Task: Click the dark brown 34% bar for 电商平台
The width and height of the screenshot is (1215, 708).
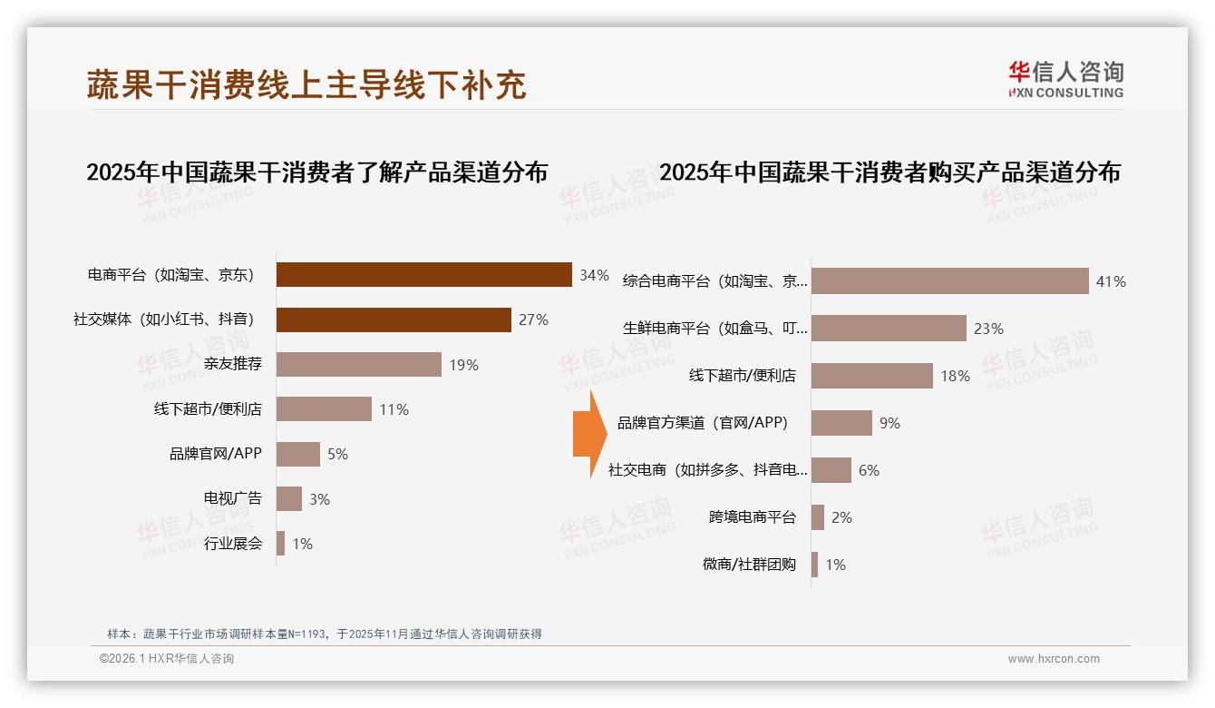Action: tap(423, 274)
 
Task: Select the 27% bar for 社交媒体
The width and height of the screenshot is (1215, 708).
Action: tap(394, 320)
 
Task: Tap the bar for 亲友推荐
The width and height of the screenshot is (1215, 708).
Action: tap(358, 364)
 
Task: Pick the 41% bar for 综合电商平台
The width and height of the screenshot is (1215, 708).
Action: tap(949, 281)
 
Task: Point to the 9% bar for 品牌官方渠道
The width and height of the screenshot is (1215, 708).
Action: tap(841, 423)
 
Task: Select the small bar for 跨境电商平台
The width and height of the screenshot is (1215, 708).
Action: tap(818, 517)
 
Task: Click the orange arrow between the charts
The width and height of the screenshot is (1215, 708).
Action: tap(589, 435)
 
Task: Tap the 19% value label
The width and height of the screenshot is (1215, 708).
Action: tap(463, 365)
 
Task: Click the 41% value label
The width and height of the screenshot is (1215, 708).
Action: tap(1111, 281)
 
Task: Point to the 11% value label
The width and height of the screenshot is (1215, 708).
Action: tap(394, 409)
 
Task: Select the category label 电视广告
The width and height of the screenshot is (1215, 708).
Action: tap(233, 498)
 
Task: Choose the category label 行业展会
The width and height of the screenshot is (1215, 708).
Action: tap(233, 544)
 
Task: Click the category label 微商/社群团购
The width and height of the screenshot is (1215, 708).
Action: tap(749, 565)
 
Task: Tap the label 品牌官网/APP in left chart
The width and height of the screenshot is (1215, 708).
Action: tap(216, 454)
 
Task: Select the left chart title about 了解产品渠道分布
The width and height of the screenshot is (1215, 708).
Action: tap(316, 172)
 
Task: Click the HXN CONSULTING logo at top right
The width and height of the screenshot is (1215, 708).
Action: tap(1065, 79)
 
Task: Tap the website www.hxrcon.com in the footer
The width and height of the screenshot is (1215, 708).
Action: tap(1054, 659)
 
